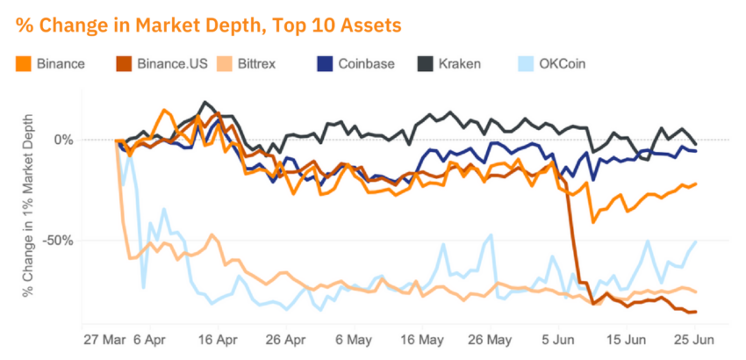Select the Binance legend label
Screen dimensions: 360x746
coord(61,64)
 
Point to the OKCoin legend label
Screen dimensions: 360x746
coord(563,64)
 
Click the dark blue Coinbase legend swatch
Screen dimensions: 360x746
coord(324,64)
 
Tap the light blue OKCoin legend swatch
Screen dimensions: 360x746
coord(523,64)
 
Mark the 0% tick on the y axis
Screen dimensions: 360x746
coord(64,140)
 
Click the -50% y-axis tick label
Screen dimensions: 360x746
coord(57,240)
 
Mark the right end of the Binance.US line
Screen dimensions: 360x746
coord(696,312)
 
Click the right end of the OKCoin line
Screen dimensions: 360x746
coord(696,241)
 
